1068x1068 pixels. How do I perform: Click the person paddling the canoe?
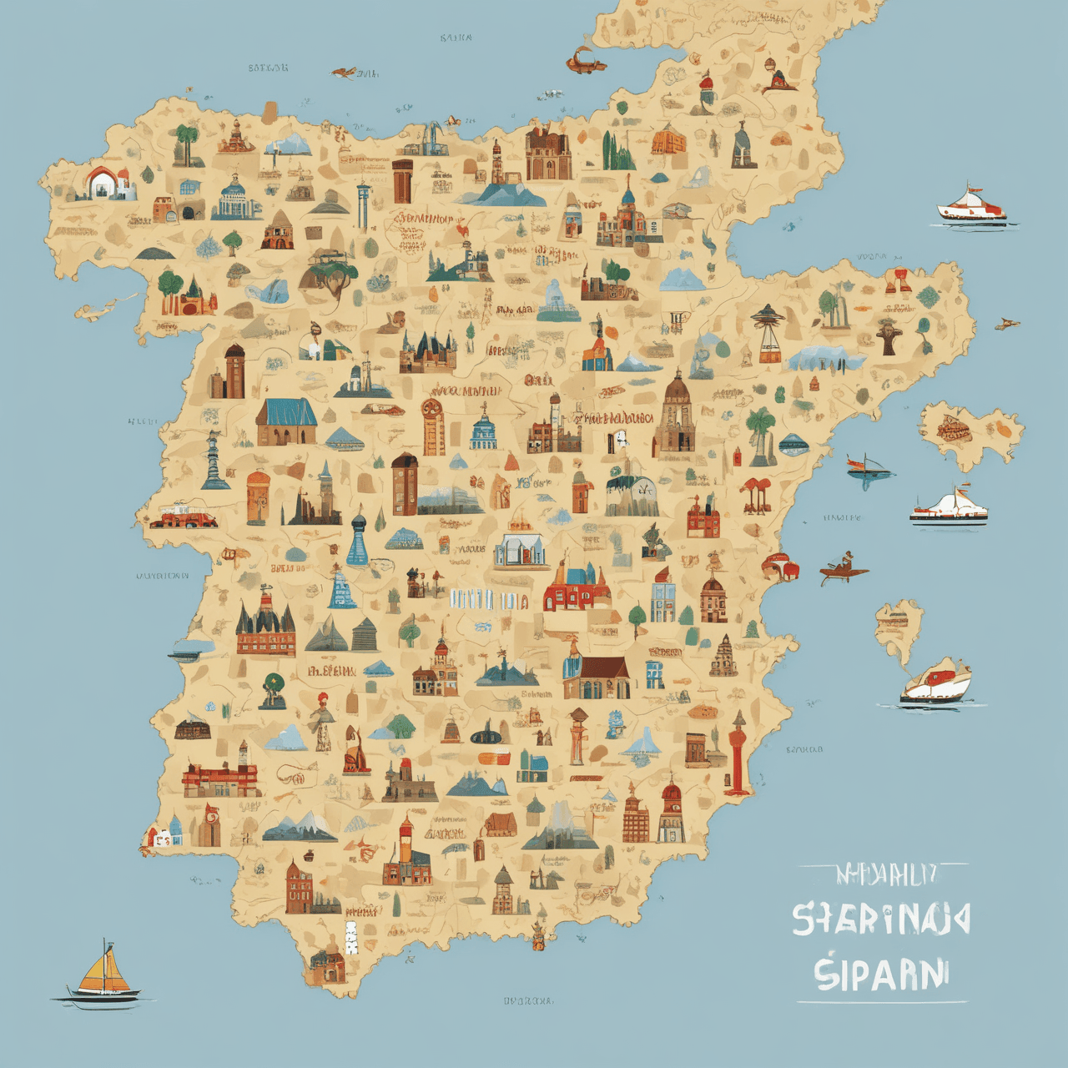pyautogui.click(x=846, y=567)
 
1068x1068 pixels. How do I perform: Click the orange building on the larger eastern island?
pyautogui.click(x=954, y=430)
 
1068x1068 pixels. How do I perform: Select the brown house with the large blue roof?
pyautogui.click(x=286, y=421)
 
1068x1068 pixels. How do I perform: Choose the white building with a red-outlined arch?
pyautogui.click(x=105, y=183)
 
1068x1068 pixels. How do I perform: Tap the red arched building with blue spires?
pyautogui.click(x=577, y=588)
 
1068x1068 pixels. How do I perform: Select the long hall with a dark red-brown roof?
pyautogui.click(x=596, y=676)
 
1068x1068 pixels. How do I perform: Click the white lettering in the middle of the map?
pyautogui.click(x=488, y=599)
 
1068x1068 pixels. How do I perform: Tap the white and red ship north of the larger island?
pyautogui.click(x=971, y=205)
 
